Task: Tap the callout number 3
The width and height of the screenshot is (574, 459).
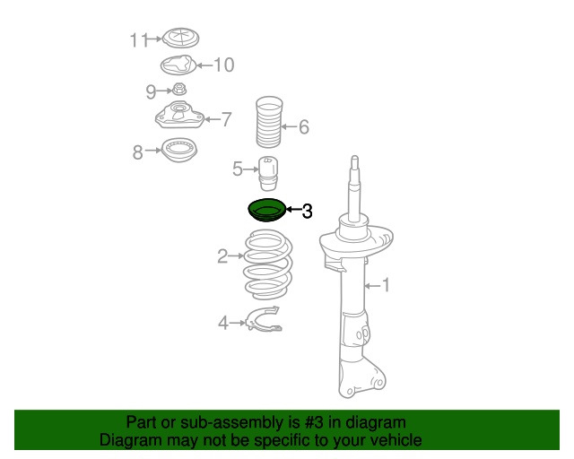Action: pos(307,212)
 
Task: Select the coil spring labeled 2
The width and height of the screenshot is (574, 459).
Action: pos(268,265)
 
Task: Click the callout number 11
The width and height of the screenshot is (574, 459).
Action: pos(139,40)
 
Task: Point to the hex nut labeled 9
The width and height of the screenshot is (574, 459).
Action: pos(179,89)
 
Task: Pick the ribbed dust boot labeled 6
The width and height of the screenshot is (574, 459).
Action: pos(269,122)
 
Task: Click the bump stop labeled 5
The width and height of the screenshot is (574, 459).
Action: pos(268,174)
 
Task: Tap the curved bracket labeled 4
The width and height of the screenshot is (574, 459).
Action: pos(265,319)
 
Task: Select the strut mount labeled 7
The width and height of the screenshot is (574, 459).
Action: pos(179,116)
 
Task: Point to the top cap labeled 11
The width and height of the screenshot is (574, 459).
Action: pos(180,38)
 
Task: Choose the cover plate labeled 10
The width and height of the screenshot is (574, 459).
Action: pos(178,65)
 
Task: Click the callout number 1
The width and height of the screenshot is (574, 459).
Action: pos(386,285)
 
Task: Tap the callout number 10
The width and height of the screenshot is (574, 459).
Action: pos(223,65)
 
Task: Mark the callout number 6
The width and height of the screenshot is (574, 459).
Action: pos(304,127)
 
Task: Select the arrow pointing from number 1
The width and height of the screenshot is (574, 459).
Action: pos(373,286)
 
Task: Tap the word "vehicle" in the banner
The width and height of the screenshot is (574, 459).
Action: pos(398,440)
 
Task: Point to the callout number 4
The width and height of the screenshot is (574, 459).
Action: pos(223,323)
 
